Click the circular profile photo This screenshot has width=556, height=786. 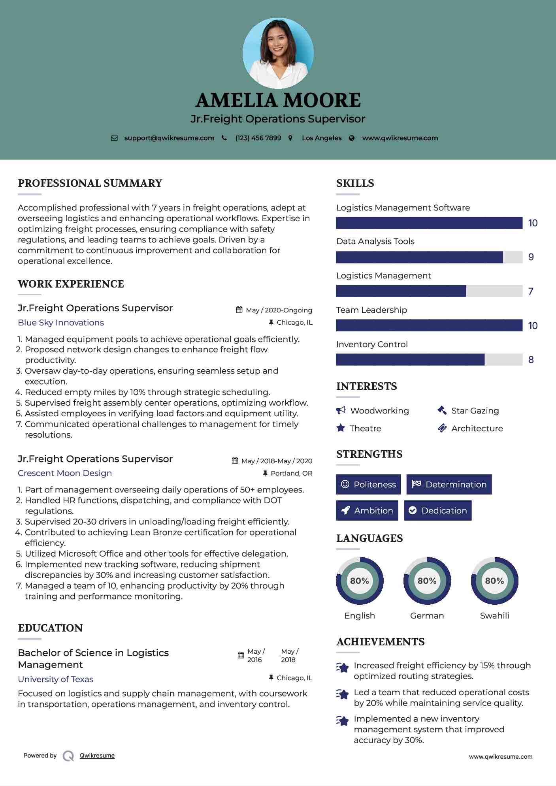coord(278,53)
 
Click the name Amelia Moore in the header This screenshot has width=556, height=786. coord(278,100)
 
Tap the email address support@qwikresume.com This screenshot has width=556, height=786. coord(169,138)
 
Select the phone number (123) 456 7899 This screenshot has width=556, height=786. coord(258,138)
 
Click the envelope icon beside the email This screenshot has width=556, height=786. coord(114,138)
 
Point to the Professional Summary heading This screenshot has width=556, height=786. coord(90,183)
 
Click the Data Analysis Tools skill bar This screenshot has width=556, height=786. coord(429,257)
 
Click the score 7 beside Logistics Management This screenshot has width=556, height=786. coord(531,291)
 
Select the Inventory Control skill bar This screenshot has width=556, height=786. coord(429,360)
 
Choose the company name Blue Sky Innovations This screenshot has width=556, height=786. coord(61,323)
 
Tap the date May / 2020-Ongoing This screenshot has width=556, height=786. coord(279,310)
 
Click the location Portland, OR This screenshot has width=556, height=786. coord(291,473)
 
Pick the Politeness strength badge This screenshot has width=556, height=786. coord(368,485)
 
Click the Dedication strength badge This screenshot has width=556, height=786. coord(438,511)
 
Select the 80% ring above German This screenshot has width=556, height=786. coord(427,581)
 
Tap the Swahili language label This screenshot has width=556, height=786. coord(494,616)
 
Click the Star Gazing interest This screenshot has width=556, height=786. coord(475,411)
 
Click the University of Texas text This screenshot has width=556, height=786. coord(56,679)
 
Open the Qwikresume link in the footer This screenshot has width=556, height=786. coord(97,756)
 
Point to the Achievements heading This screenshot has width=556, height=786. coord(381,642)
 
